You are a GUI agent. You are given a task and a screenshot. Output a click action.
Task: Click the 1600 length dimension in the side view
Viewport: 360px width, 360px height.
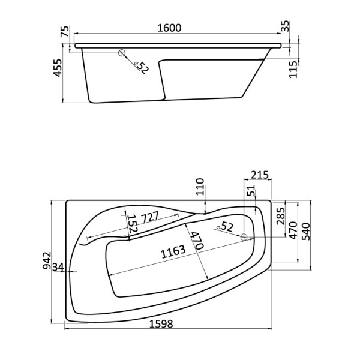click(x=169, y=29)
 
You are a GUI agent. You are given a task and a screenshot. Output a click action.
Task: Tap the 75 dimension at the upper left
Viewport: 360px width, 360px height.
click(x=65, y=32)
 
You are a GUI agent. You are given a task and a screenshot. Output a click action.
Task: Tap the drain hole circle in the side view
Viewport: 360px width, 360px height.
click(x=123, y=53)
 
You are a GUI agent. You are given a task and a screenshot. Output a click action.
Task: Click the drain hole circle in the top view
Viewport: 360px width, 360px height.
click(x=244, y=237)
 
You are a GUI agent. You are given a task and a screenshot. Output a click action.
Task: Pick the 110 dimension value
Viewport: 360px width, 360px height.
click(x=200, y=188)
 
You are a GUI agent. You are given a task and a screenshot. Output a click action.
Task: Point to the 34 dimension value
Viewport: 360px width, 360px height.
click(x=58, y=266)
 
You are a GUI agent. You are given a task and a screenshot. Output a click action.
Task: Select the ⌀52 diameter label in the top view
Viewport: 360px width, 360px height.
click(x=223, y=227)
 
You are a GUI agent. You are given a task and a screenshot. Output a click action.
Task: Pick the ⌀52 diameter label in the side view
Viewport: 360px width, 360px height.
click(x=140, y=66)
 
